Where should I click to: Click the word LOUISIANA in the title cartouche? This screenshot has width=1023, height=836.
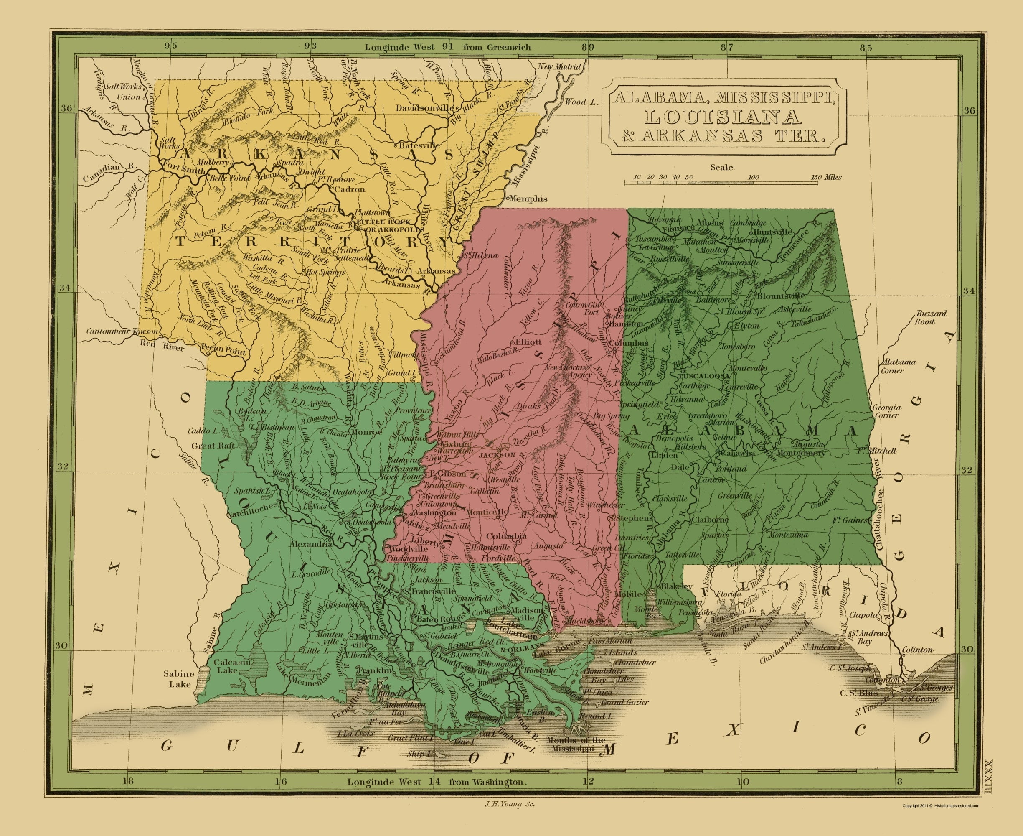723,117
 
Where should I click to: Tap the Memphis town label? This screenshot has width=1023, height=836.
528,199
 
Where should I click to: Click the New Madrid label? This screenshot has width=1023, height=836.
559,67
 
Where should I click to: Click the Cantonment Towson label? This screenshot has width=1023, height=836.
122,331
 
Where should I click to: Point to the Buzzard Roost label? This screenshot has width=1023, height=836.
931,317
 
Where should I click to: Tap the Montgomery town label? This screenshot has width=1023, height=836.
801,453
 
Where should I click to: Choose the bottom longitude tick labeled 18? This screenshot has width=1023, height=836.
127,781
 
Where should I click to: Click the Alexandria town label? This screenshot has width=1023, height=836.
311,544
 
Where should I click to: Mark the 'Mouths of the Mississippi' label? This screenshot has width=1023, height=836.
576,744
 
